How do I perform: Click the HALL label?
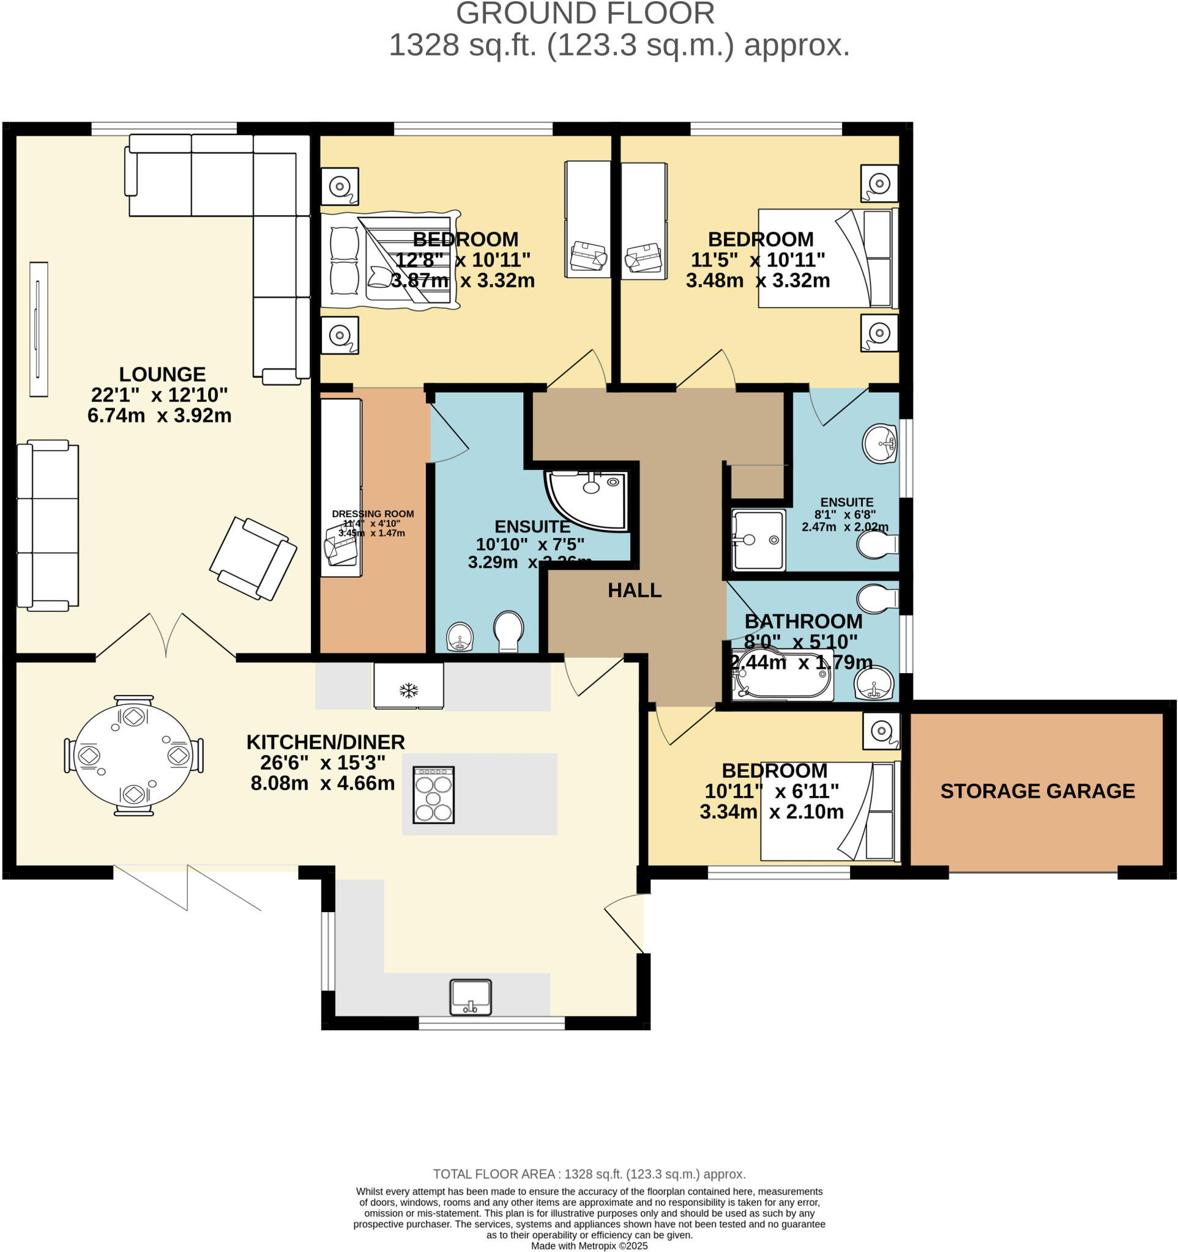[634, 590]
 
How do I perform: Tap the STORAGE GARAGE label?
[1037, 791]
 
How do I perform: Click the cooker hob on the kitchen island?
[433, 795]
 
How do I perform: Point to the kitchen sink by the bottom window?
[470, 998]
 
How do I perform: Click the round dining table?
[133, 756]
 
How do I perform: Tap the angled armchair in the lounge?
[253, 558]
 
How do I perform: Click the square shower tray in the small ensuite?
[758, 540]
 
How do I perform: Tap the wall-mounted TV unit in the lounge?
[39, 329]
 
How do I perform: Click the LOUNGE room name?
[162, 374]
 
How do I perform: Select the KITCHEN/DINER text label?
[325, 742]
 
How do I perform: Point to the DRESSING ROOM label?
[373, 514]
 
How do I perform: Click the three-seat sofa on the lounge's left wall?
[47, 525]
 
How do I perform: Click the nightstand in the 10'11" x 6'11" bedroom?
[881, 731]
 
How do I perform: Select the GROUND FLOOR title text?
[585, 14]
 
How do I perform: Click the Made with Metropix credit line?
[589, 1245]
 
